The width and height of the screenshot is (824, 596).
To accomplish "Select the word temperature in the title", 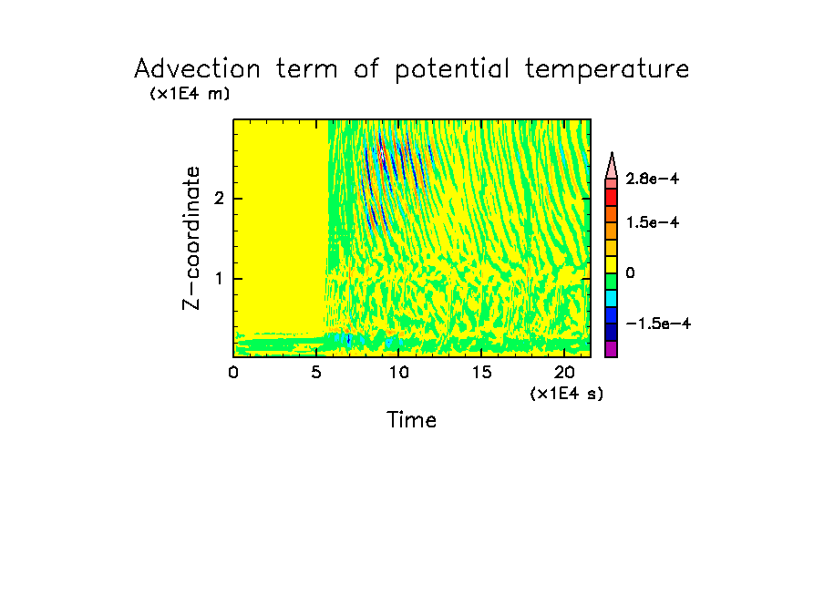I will click(607, 70).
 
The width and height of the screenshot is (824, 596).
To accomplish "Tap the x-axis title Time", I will click(412, 420).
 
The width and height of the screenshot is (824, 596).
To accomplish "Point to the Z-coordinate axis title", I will click(191, 238).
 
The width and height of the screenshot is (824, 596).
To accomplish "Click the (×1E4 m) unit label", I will click(190, 94).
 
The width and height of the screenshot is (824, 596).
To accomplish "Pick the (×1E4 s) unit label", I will click(565, 394).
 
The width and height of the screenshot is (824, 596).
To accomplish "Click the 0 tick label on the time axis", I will click(233, 372).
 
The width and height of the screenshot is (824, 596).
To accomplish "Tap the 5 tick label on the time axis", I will click(316, 372).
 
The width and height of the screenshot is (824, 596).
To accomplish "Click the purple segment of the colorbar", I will click(612, 349).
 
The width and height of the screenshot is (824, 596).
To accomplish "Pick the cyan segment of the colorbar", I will click(612, 298).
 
